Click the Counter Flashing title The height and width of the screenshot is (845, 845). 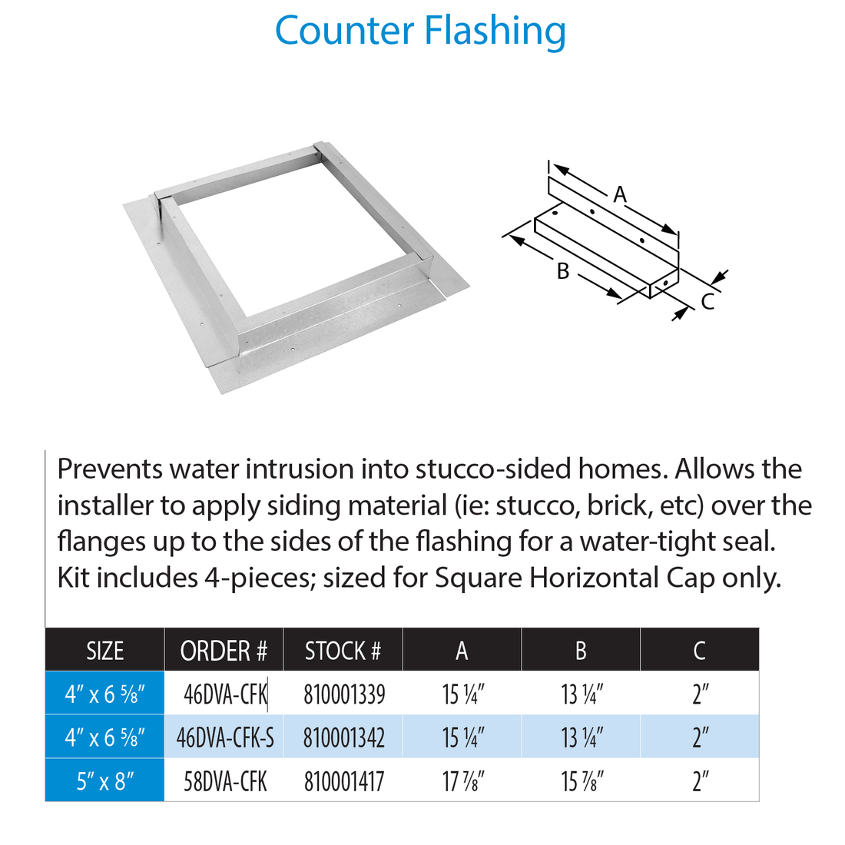[x=420, y=31]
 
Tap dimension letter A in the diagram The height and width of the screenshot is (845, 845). [x=620, y=195]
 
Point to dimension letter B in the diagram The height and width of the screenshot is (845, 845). [x=562, y=271]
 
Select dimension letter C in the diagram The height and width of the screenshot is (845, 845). [x=707, y=302]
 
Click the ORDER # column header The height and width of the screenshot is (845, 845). [x=224, y=651]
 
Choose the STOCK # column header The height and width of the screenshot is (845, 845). [x=343, y=651]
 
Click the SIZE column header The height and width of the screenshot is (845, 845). [x=104, y=651]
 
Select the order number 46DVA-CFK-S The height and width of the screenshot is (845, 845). [x=225, y=738]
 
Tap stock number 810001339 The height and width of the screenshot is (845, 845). [x=344, y=694]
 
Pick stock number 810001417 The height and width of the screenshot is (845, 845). [x=344, y=782]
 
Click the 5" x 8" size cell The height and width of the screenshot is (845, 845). [x=105, y=782]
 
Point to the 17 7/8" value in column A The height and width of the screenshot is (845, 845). [x=462, y=782]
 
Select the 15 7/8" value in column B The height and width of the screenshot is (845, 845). [x=582, y=782]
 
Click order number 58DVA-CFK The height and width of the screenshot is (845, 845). [x=225, y=782]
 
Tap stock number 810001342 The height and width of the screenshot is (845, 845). [x=344, y=738]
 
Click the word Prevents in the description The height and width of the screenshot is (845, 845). [x=109, y=469]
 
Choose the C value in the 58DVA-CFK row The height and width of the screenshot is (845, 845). [x=700, y=782]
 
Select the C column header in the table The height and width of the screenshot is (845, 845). [x=699, y=651]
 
